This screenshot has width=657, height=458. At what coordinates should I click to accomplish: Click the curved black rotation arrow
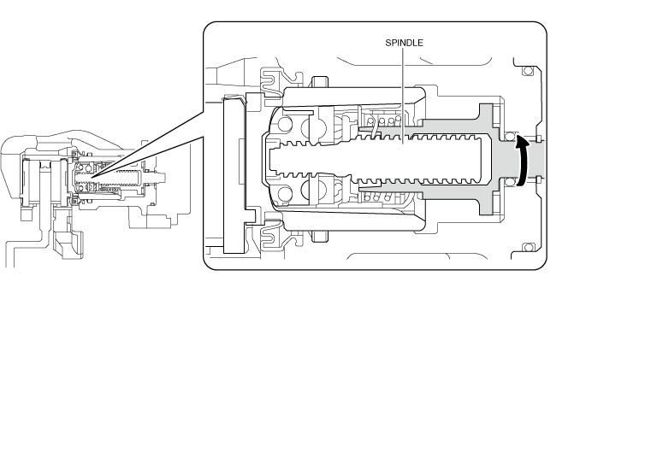[x=518, y=158]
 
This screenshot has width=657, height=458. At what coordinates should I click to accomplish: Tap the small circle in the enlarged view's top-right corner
[x=528, y=69]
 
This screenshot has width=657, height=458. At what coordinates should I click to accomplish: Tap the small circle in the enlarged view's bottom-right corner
[x=528, y=248]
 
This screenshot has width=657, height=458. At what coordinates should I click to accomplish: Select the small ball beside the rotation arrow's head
[x=510, y=135]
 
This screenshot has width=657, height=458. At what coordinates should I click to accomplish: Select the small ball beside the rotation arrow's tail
[x=510, y=181]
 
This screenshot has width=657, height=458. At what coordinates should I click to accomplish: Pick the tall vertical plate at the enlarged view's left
[x=233, y=175]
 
